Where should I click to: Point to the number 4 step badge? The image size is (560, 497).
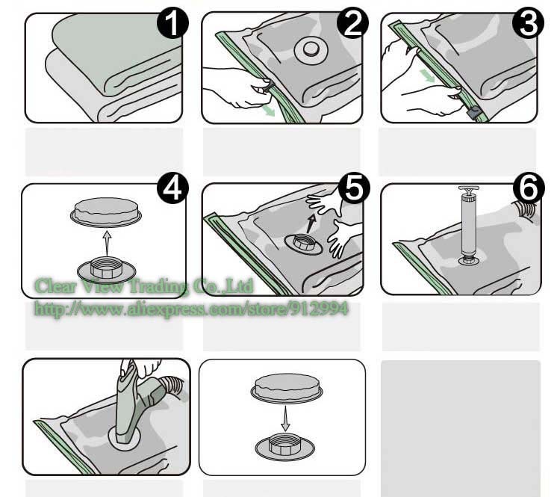[x=173, y=189]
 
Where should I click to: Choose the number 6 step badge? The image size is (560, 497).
[x=528, y=190]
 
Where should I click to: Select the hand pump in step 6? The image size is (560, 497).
[x=469, y=225]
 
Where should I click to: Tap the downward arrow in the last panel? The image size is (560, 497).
[x=284, y=418]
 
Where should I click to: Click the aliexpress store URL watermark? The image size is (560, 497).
[x=191, y=307]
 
